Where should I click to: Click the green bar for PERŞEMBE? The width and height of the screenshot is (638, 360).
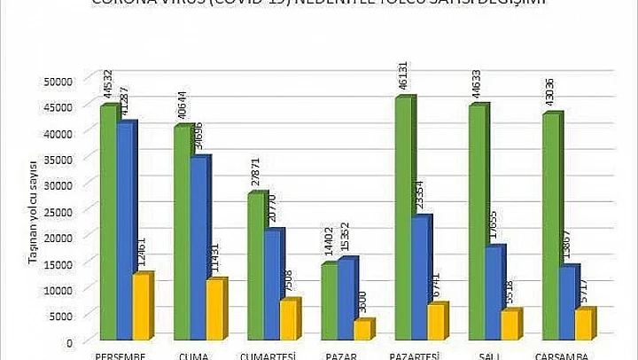tap(108, 222)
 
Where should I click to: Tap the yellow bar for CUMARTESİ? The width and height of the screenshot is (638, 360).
tap(288, 320)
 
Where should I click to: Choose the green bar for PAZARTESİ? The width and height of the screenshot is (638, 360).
tap(403, 218)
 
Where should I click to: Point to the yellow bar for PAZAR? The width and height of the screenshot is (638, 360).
tap(362, 330)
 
